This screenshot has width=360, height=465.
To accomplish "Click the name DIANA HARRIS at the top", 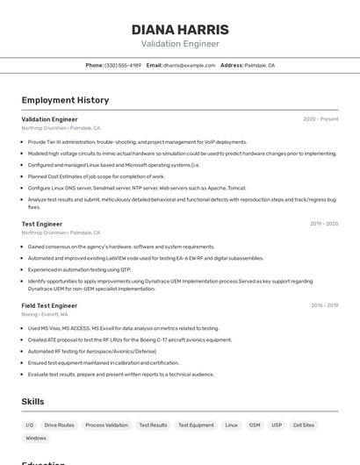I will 180,29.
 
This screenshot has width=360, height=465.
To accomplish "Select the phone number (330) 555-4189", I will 123,65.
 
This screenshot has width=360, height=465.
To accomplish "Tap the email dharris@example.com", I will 189,65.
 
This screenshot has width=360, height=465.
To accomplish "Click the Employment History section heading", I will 65,100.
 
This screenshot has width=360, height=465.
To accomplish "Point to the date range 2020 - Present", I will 320,119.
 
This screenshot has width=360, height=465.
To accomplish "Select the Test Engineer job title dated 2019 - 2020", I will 42,224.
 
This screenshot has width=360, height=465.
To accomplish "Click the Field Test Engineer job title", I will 49,305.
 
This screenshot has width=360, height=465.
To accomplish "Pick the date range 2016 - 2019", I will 324,305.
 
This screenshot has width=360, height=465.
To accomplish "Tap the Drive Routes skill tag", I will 60,425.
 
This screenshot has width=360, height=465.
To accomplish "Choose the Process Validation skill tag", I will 106,425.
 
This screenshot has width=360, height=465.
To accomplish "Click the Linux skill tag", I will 231,425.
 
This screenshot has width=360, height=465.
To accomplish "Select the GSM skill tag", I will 255,425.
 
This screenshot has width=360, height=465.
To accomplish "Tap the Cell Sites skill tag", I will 304,425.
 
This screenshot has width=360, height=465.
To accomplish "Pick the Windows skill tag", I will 36,438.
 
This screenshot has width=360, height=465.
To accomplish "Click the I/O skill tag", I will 30,425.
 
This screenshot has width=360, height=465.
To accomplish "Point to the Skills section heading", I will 32,401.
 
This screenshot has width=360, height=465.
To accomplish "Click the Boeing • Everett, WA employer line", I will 45,314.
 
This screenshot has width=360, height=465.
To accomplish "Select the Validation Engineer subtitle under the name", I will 180,44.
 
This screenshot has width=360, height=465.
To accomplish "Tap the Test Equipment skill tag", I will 196,425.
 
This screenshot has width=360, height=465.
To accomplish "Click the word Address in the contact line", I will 231,65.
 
